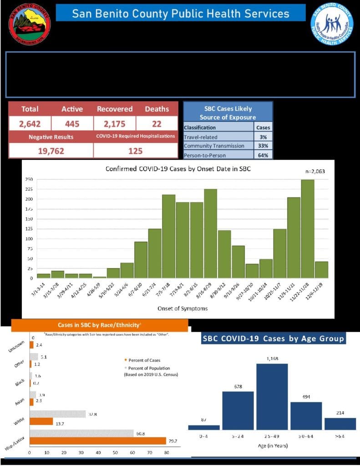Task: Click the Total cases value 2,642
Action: [x=30, y=123]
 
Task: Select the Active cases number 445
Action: [x=72, y=123]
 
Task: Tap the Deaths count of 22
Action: [x=157, y=123]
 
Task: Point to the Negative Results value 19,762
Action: [x=51, y=151]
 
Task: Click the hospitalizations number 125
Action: [x=135, y=151]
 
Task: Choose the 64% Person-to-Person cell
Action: [x=263, y=155]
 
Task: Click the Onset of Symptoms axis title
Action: [x=182, y=309]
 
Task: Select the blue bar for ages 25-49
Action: [x=272, y=396]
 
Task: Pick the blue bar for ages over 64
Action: [x=340, y=424]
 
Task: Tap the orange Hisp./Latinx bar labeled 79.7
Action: [x=98, y=441]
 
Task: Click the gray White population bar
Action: [x=58, y=414]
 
